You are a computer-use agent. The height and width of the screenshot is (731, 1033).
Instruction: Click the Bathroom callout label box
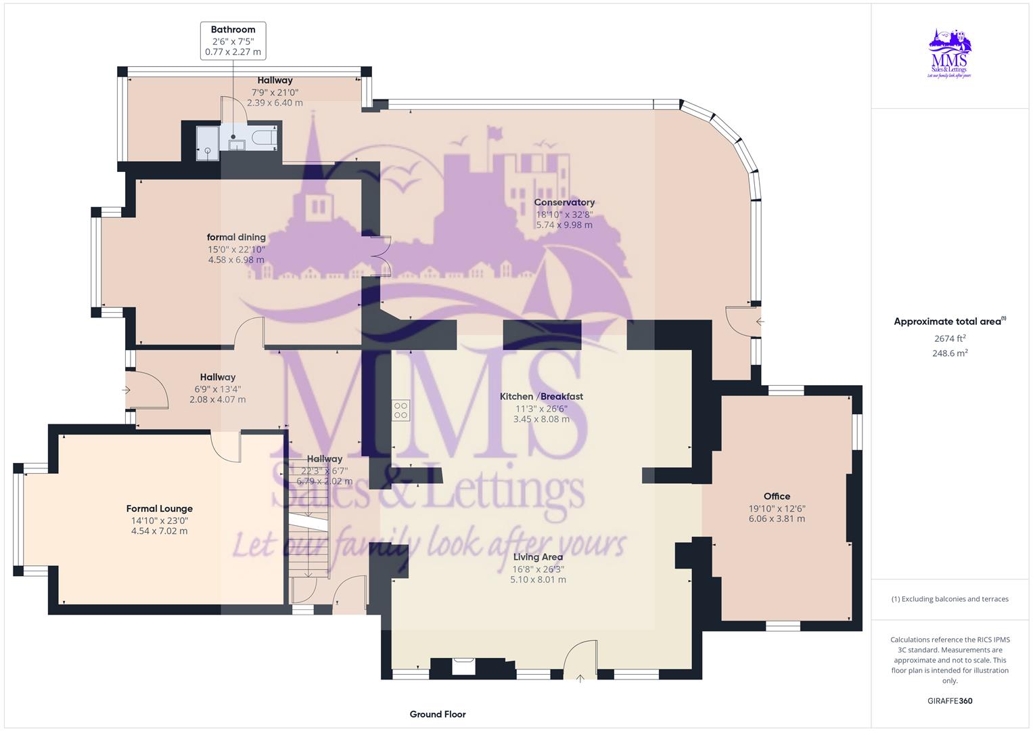tap(233, 41)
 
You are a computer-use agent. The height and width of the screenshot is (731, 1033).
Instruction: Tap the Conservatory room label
tap(564, 202)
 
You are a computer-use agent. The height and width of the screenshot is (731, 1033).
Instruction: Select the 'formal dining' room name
tap(236, 237)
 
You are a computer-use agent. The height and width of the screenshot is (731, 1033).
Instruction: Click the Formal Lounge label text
tap(160, 508)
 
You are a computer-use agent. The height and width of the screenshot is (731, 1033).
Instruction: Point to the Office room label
tap(777, 496)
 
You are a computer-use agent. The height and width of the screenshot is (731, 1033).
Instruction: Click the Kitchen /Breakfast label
tap(541, 397)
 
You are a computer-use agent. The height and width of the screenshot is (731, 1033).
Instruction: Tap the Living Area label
tap(538, 557)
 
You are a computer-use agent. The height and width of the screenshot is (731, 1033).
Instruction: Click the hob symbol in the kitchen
tap(400, 410)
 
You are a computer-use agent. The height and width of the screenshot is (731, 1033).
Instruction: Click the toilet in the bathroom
tap(262, 139)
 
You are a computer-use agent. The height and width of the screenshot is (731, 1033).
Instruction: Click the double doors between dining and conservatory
tap(381, 256)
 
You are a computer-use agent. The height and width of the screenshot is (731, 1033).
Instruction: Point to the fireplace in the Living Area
tap(463, 666)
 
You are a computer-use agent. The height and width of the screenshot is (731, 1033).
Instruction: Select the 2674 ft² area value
tap(950, 338)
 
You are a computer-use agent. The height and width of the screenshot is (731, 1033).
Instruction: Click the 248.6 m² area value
tap(950, 353)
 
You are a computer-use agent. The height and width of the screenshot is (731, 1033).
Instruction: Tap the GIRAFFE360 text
tap(950, 701)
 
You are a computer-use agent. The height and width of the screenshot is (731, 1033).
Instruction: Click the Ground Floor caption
tap(438, 714)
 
